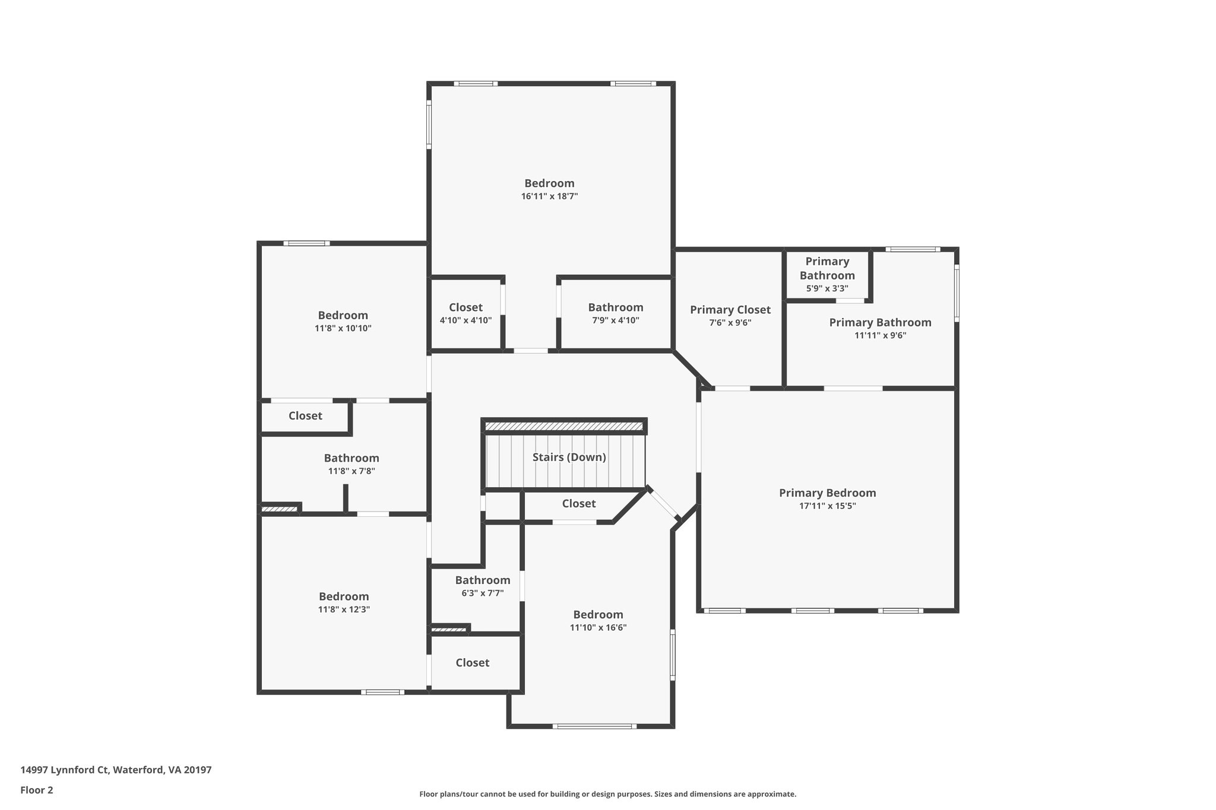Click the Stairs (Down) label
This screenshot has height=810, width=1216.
[569, 458]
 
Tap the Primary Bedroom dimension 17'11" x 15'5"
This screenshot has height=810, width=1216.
[827, 506]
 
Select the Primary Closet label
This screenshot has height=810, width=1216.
[730, 310]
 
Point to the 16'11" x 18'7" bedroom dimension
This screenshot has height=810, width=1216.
[549, 196]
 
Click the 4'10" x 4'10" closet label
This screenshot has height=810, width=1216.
[465, 314]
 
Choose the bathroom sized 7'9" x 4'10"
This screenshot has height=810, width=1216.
[615, 313]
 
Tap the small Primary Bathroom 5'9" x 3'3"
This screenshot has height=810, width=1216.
[826, 275]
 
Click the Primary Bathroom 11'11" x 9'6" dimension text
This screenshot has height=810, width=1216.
[880, 335]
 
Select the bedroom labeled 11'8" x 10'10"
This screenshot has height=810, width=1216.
[343, 321]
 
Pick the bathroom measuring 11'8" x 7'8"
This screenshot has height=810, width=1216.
[351, 464]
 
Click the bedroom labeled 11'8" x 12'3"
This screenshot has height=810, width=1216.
[344, 602]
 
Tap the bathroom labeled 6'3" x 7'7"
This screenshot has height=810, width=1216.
[482, 586]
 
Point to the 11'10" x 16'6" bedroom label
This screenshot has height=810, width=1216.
[598, 621]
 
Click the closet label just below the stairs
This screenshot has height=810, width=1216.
[578, 504]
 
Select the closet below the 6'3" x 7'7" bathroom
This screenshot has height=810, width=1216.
[473, 663]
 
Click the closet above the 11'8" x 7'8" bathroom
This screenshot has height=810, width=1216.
[305, 416]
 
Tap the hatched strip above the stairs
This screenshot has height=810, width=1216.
[563, 426]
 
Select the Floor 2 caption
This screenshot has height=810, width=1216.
[37, 790]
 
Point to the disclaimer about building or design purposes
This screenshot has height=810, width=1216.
[607, 794]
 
